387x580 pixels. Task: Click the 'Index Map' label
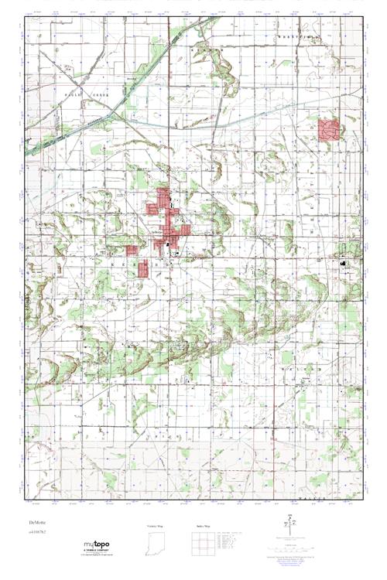[202, 526]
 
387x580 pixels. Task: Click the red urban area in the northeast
[330, 129]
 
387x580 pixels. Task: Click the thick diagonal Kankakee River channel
[70, 135]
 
